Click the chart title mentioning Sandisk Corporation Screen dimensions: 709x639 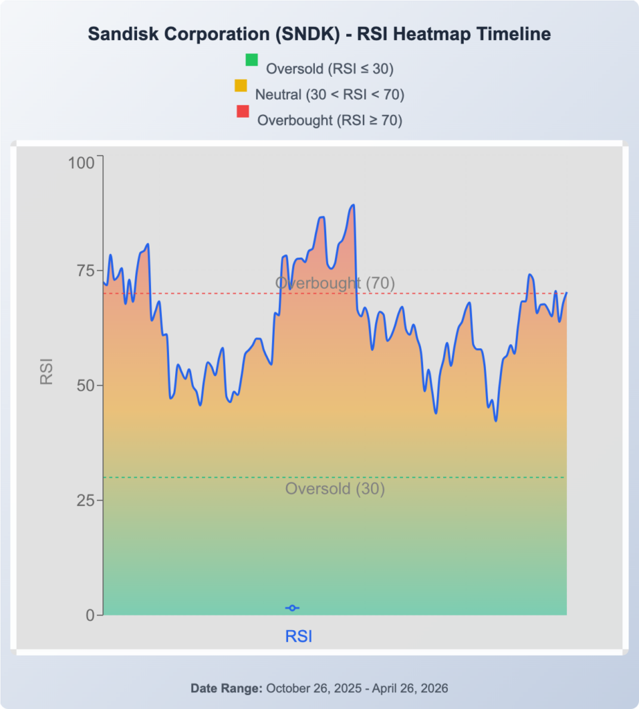point(319,34)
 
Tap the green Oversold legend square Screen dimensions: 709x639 point(251,60)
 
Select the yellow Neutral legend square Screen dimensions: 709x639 point(241,86)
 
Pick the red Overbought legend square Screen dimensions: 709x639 point(242,111)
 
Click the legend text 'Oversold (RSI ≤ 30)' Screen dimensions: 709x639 point(330,69)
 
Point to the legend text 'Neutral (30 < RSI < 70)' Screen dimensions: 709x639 point(330,94)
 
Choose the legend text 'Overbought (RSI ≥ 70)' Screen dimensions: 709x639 point(330,120)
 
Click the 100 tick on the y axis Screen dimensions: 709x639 point(80,163)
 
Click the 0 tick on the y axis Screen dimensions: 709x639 point(90,615)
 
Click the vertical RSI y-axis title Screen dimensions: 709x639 point(46,371)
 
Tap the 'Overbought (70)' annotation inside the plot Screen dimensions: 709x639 point(335,282)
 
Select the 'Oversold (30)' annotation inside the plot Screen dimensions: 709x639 point(335,489)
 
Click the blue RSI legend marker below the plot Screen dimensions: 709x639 point(292,608)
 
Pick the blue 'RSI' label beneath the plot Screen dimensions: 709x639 point(299,636)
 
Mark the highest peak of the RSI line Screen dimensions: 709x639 point(353,205)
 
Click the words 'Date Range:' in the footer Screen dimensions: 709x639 point(226,689)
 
